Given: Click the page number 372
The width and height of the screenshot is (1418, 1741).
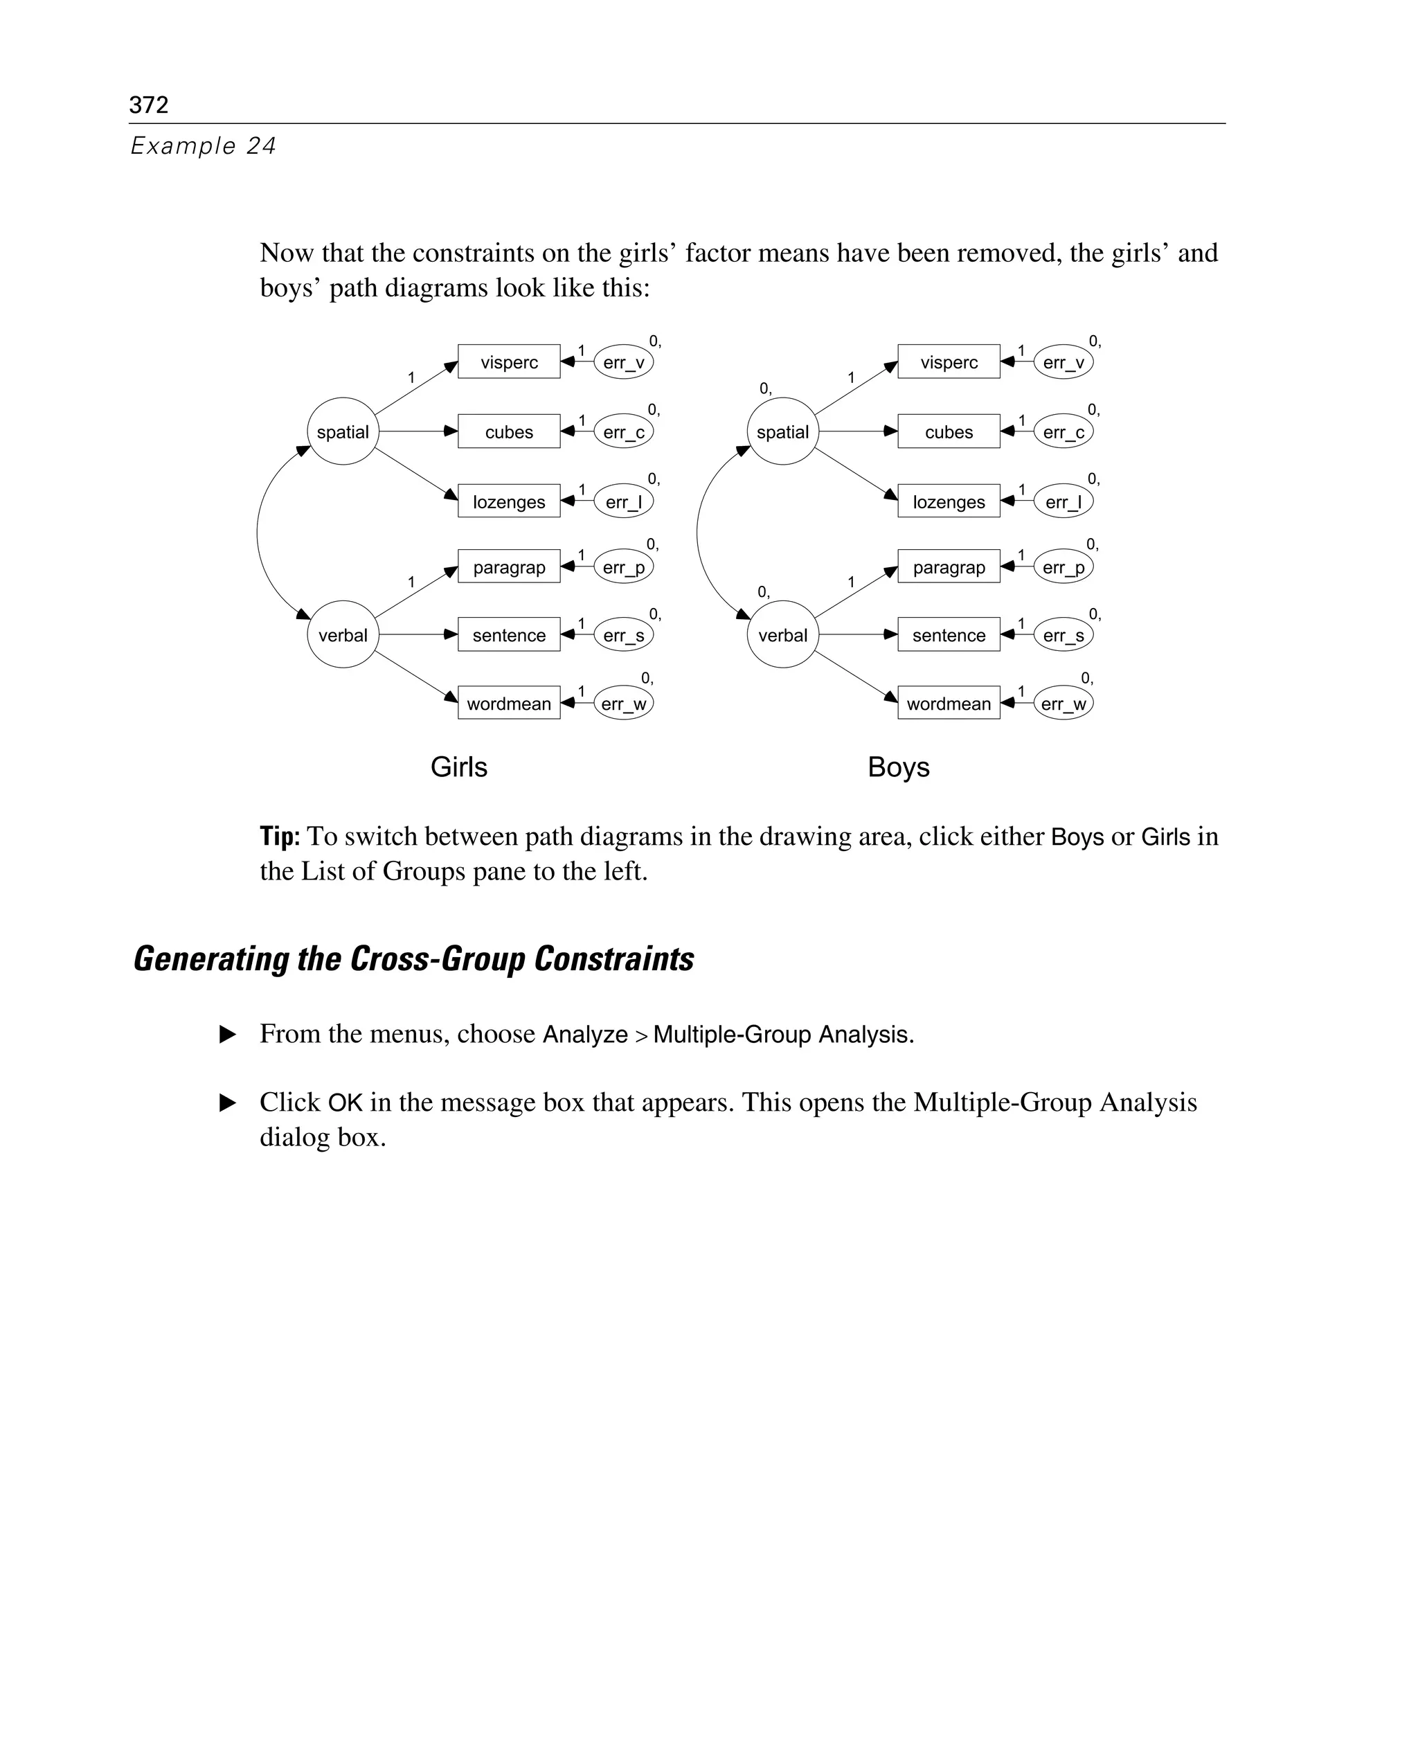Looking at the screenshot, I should point(149,105).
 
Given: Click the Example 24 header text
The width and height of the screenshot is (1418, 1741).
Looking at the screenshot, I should point(204,145).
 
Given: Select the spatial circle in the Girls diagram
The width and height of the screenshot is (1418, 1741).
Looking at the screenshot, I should point(342,431).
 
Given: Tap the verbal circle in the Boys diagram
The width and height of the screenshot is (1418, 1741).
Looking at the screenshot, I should point(782,635).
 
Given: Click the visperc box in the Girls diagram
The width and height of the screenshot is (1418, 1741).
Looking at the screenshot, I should point(509,362).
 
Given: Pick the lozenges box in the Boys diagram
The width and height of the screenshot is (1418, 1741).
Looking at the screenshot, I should point(949,501).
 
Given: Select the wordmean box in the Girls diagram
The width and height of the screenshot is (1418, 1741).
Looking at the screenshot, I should point(509,704).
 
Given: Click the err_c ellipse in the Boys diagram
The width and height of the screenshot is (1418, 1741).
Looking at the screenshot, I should point(1063,432).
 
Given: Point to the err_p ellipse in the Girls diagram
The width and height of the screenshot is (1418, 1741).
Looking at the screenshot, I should point(623,567).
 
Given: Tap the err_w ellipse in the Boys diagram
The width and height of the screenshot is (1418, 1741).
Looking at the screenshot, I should point(1063,704).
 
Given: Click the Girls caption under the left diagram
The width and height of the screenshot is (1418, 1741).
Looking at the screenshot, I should point(458,767).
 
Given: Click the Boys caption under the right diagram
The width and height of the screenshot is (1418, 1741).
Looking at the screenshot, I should point(899,767).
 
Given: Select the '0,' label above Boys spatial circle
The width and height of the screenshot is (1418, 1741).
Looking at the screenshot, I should point(765,389).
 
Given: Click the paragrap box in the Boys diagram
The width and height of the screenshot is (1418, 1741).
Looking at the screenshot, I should point(949,567).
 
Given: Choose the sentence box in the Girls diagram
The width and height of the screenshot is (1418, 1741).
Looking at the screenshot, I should point(509,635).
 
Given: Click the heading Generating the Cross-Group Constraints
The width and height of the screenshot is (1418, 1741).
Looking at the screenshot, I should point(413,959).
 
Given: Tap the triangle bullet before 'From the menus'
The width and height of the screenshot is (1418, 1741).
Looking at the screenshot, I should point(228,1035).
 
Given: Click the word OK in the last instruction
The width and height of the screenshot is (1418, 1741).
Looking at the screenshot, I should point(345,1103).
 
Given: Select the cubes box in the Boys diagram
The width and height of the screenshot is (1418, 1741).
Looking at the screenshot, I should point(949,432).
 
